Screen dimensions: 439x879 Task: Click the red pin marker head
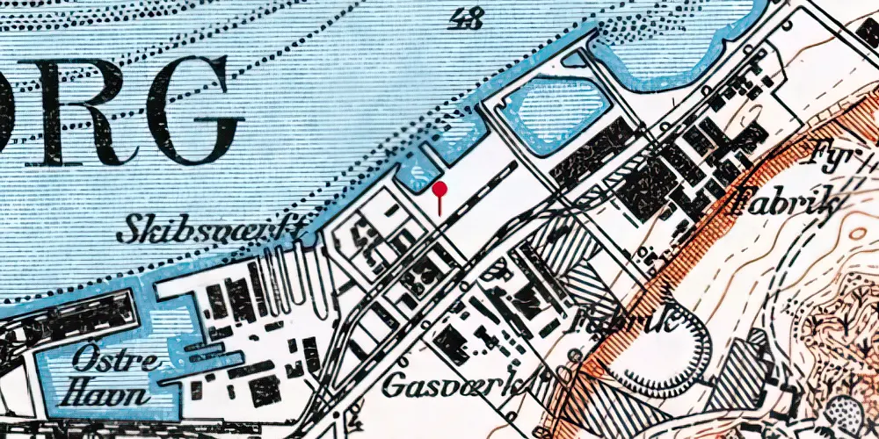pos(439,189)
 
